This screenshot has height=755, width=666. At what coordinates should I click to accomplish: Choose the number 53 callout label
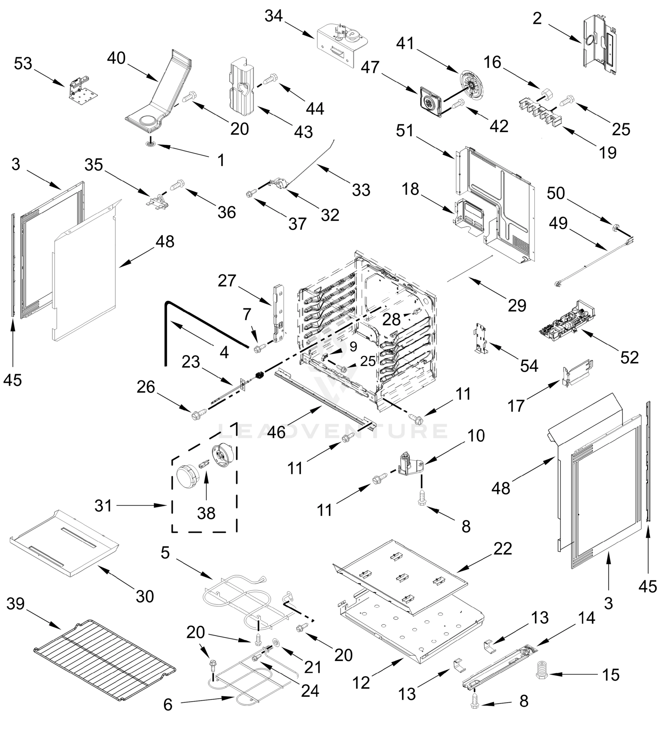point(23,64)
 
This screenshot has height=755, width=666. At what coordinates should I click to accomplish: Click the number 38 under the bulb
point(206,513)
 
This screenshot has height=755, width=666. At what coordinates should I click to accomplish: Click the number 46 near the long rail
point(276,432)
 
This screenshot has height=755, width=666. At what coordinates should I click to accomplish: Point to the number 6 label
point(168,705)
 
